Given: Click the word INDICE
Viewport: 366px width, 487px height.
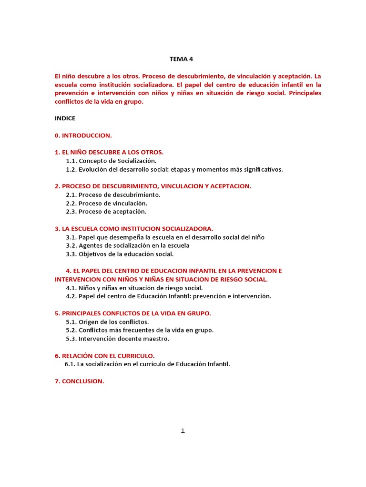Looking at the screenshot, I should click(x=65, y=118).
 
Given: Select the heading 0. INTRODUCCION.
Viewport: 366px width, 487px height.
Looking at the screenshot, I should click(x=83, y=136).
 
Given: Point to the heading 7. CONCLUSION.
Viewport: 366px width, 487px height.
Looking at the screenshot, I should click(x=80, y=381).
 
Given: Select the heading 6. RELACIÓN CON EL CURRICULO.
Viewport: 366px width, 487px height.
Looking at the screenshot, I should click(x=105, y=356).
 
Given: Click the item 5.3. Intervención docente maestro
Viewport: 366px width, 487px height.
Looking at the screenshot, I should click(x=118, y=339).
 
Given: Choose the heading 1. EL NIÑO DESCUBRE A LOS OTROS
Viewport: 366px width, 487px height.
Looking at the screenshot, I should click(x=109, y=152).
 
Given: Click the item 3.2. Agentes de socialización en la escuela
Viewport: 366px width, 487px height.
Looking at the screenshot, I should click(x=128, y=245).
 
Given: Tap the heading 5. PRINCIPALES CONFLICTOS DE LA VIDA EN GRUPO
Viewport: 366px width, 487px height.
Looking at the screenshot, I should click(x=133, y=313).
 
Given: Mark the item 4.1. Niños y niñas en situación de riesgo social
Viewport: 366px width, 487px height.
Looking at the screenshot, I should click(x=134, y=288).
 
